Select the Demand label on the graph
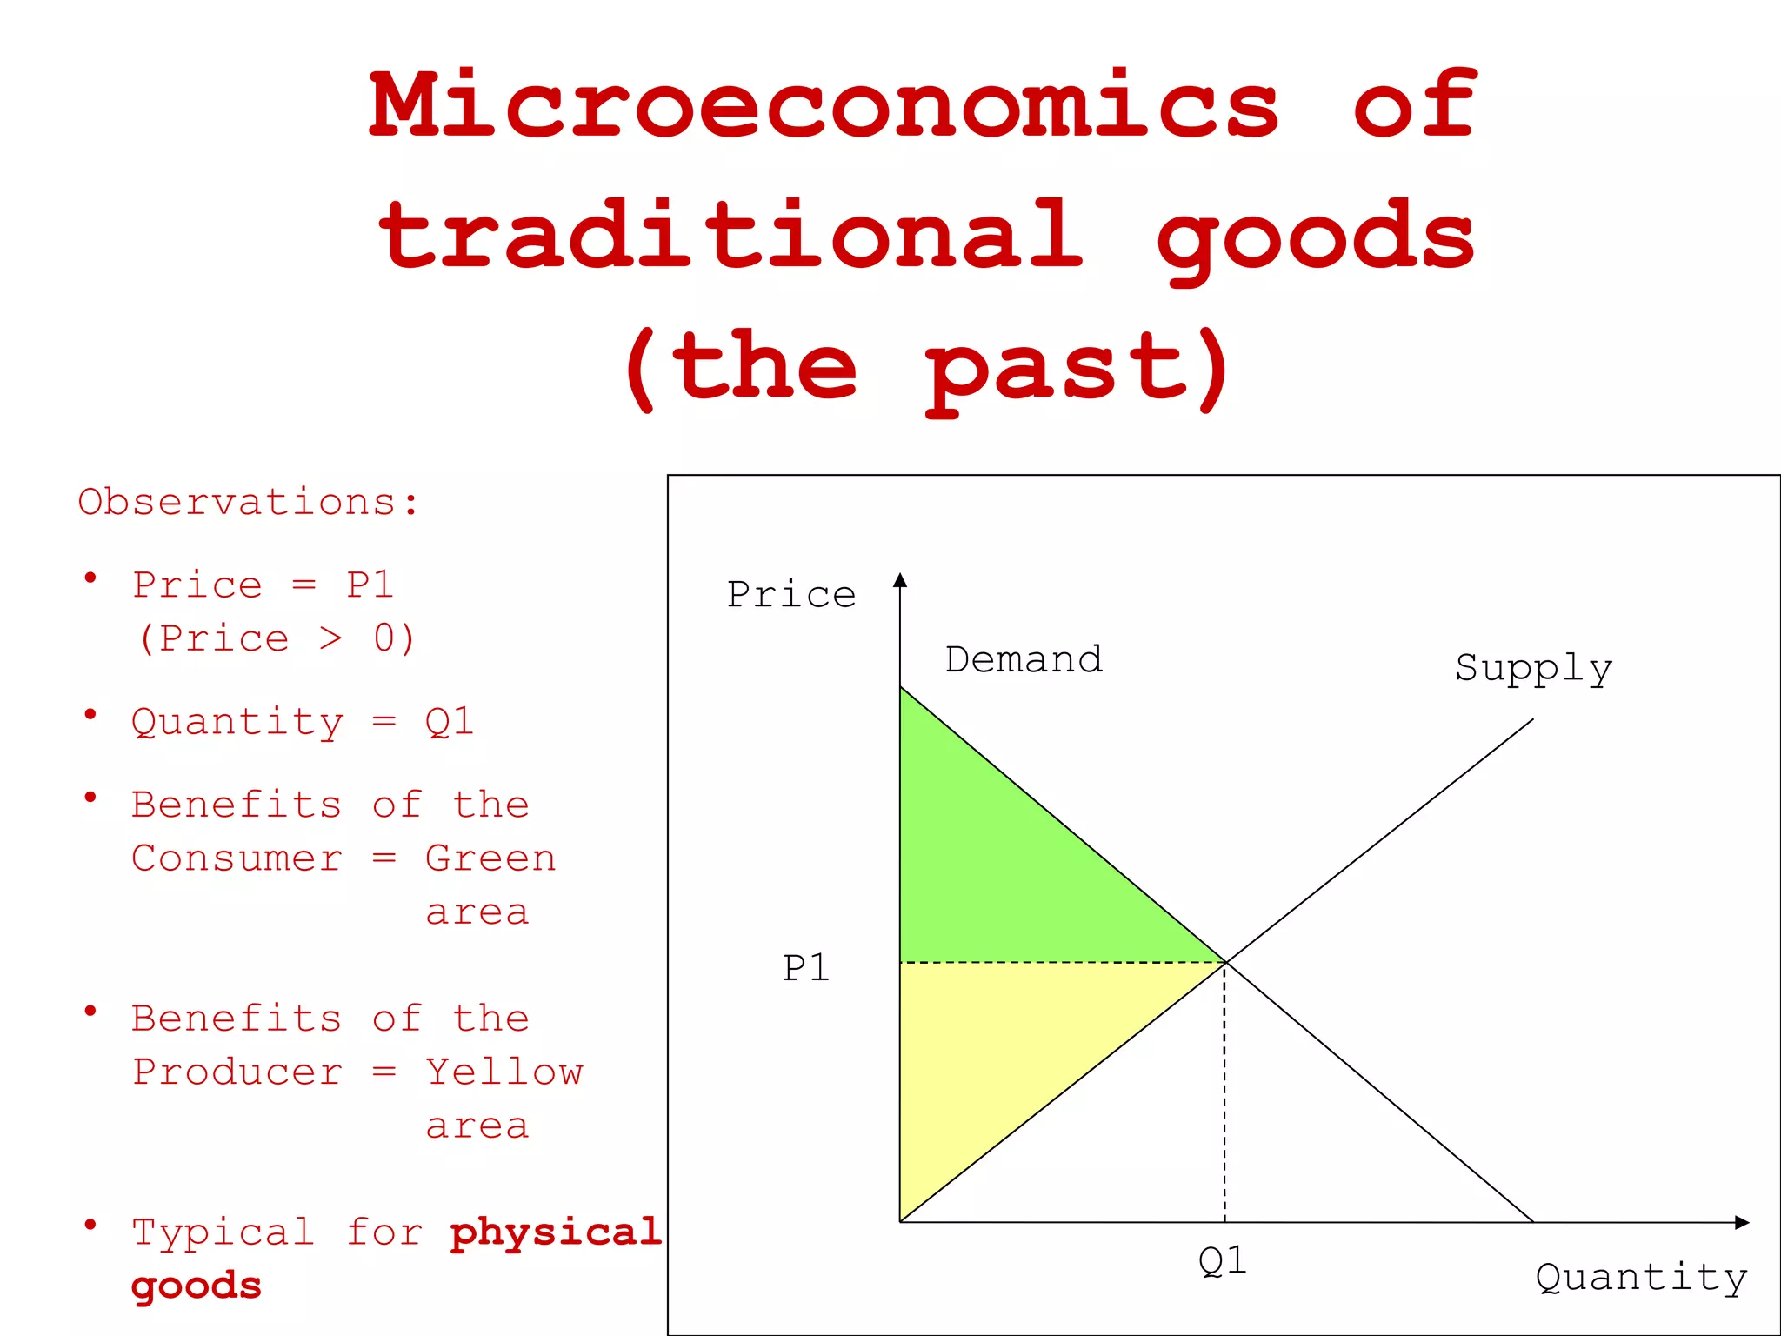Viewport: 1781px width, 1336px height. pyautogui.click(x=1024, y=659)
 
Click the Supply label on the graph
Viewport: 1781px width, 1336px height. pyautogui.click(x=1533, y=668)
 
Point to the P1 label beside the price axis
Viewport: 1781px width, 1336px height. pyautogui.click(x=806, y=967)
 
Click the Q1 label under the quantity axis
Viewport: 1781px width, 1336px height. pyautogui.click(x=1222, y=1260)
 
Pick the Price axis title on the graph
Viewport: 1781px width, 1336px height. pyautogui.click(x=791, y=595)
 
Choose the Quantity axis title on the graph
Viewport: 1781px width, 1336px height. pyautogui.click(x=1641, y=1278)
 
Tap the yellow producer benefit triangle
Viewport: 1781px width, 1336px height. pyautogui.click(x=1000, y=1052)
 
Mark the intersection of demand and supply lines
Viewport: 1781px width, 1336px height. pyautogui.click(x=1225, y=962)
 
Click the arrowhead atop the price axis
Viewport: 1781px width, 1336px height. pyautogui.click(x=900, y=580)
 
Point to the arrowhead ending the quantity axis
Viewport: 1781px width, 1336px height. pyautogui.click(x=1742, y=1222)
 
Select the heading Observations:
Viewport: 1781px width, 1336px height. pyautogui.click(x=249, y=503)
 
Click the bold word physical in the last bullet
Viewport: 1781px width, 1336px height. pyautogui.click(x=556, y=1232)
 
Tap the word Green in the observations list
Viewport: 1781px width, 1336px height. pyautogui.click(x=490, y=858)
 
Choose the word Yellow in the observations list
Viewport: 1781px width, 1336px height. pyautogui.click(x=504, y=1072)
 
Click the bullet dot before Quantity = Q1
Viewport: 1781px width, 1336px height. pyautogui.click(x=90, y=715)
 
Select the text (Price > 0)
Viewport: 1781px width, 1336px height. pyautogui.click(x=277, y=639)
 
